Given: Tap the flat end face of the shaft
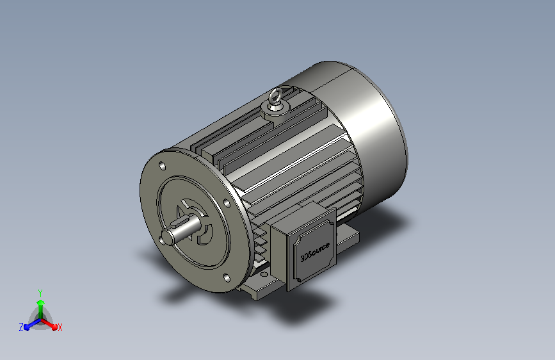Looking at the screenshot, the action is point(168,237).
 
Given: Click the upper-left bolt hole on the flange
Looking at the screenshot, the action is point(163,166).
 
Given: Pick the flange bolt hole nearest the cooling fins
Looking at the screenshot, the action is point(227,202).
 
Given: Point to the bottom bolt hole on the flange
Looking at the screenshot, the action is point(227,278).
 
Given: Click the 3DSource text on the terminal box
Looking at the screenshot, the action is point(315,252).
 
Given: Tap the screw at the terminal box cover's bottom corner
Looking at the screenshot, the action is point(299,281).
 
